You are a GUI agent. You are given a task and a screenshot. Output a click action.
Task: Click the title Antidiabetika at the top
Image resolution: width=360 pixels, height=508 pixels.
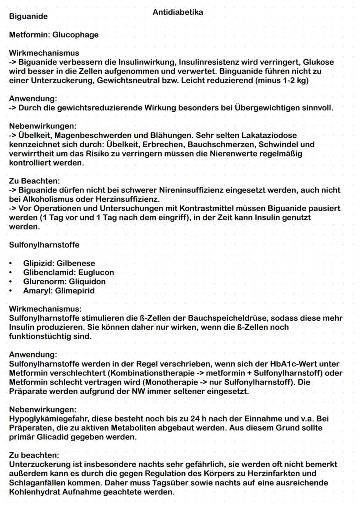(178, 12)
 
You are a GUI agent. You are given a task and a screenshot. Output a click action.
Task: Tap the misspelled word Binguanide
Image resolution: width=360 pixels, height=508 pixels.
(242, 71)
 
